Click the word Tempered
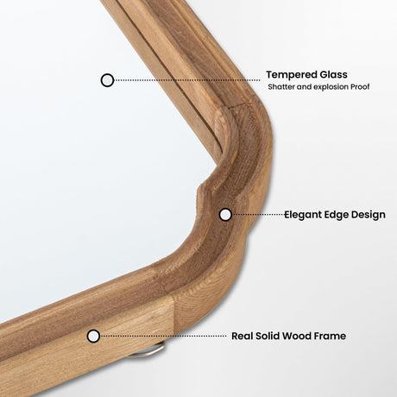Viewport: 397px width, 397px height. (x=292, y=75)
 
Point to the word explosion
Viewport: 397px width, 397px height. (x=331, y=87)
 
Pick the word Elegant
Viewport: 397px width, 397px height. (x=303, y=215)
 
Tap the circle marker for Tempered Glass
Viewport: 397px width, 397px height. (x=107, y=80)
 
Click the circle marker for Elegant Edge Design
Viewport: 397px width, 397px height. (x=225, y=215)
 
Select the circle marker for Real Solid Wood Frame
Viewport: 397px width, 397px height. (x=93, y=336)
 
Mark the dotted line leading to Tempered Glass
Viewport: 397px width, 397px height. (x=187, y=80)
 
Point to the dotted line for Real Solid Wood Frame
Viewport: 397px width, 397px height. (x=163, y=336)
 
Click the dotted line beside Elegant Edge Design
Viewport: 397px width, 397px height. (x=258, y=215)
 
